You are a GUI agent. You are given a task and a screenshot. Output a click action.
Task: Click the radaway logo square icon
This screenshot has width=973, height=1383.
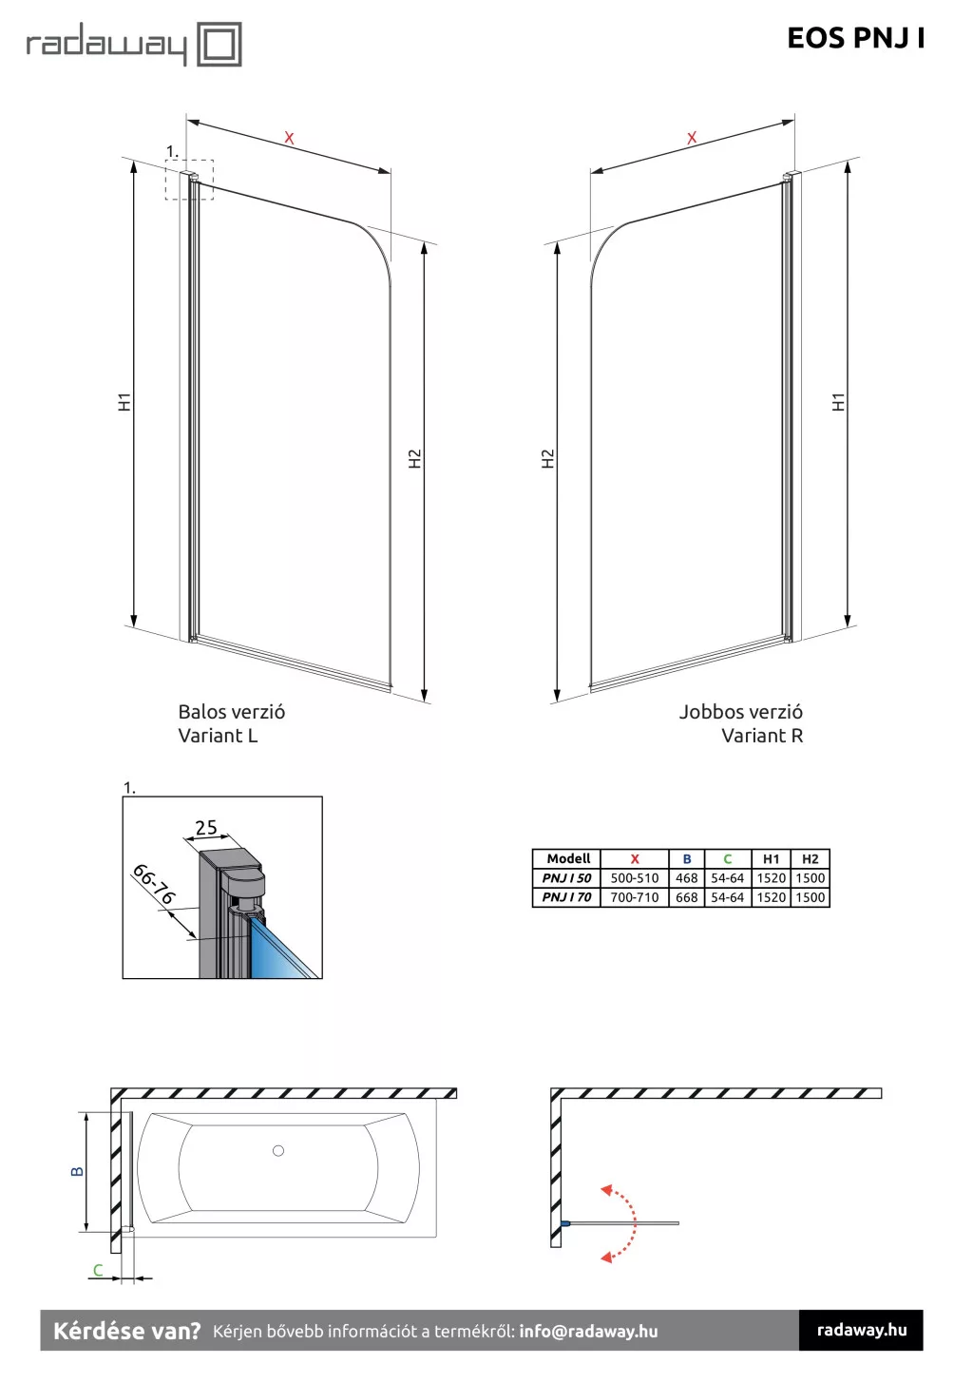coord(219,45)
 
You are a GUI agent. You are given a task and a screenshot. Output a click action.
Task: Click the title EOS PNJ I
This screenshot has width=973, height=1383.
coord(855,38)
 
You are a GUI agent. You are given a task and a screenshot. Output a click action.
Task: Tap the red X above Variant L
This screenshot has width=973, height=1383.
coord(289,138)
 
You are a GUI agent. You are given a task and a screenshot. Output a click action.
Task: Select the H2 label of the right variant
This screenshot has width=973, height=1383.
coord(547,459)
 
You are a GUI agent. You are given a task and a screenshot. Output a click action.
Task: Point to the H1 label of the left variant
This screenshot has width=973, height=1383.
coord(124,402)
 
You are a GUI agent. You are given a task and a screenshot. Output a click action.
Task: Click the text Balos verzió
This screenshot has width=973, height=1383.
coord(231,712)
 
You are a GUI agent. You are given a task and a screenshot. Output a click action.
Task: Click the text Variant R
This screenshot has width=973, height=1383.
coord(762,736)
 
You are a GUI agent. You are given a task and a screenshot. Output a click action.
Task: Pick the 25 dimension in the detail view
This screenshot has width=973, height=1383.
coord(206,828)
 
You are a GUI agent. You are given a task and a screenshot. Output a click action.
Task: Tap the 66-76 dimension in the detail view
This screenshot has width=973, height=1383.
coord(154,884)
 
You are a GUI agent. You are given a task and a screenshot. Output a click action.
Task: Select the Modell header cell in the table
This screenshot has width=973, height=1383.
coord(568,858)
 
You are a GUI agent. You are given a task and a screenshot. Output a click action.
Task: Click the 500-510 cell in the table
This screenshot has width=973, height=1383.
coord(634,878)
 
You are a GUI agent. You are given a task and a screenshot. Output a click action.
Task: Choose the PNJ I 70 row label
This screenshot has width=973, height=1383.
coord(566,897)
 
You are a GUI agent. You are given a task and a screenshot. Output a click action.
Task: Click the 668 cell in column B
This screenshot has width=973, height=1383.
coord(686,897)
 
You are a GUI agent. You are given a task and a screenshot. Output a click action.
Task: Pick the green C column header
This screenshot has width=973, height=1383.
coord(727,858)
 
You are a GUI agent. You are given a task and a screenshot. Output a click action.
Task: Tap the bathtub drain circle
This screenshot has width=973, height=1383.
coord(278,1151)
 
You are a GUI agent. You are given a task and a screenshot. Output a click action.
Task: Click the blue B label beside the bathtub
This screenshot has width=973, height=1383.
coord(77,1172)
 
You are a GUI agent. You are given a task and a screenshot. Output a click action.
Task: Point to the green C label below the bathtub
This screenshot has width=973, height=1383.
coord(97,1270)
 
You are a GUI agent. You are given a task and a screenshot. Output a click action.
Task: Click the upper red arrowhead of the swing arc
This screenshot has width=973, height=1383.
coord(606,1189)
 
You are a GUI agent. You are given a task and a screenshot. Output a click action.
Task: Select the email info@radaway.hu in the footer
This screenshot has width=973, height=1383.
coord(588,1332)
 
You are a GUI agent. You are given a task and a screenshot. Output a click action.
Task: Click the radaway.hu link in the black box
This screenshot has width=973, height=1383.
coord(861,1330)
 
